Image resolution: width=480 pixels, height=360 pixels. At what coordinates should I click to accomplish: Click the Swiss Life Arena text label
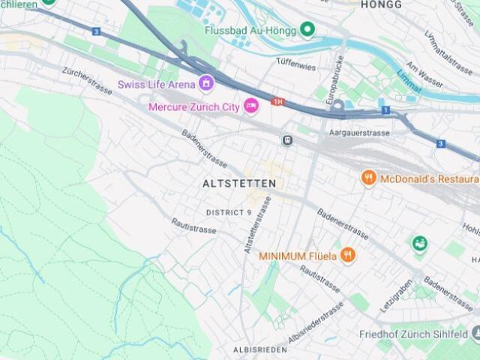(156, 85)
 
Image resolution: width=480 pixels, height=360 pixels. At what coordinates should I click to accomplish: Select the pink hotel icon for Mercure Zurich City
(251, 106)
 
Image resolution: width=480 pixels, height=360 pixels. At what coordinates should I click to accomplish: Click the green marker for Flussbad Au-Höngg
(307, 29)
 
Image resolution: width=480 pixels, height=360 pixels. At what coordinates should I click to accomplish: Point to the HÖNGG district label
(381, 4)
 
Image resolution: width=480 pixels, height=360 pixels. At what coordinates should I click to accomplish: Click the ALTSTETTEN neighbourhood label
(239, 183)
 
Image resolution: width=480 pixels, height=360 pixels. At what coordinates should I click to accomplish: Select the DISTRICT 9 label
(229, 212)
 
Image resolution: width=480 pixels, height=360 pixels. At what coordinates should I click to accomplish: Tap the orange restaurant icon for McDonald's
(368, 178)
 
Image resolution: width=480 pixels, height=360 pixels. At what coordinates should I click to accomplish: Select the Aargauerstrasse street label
(359, 133)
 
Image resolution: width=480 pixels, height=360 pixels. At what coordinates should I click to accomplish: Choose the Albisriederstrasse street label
(315, 323)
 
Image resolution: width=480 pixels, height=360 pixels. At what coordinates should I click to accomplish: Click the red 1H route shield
(278, 101)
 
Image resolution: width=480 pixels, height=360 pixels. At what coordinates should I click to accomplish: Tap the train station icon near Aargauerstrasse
(286, 139)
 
